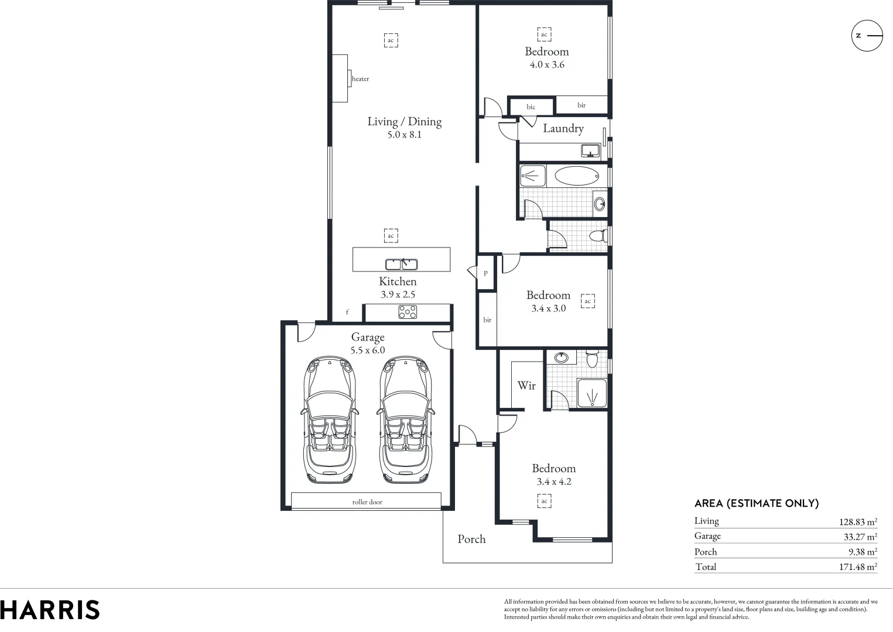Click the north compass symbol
(867, 36)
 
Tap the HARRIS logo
(50, 610)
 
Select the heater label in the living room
(361, 79)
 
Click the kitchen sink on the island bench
(401, 265)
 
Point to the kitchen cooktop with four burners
(408, 312)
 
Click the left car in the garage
(329, 421)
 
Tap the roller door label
(367, 502)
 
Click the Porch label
(471, 539)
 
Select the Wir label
(526, 386)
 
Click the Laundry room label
(563, 128)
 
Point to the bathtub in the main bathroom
(576, 176)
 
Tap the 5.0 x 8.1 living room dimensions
(404, 135)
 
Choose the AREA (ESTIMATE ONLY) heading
(756, 503)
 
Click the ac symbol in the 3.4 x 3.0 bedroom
(587, 301)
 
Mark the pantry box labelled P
(485, 273)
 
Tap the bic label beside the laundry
(531, 107)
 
